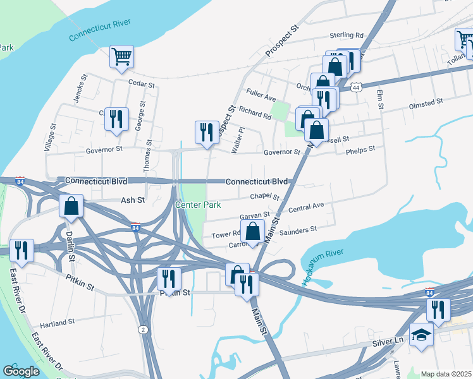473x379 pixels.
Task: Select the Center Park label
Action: click(x=197, y=205)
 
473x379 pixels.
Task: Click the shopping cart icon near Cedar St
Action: click(x=121, y=56)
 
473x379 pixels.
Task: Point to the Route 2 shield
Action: click(x=144, y=330)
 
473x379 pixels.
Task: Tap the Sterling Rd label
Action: click(x=346, y=35)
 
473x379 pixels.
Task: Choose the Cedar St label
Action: click(x=141, y=84)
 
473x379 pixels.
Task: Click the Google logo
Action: click(x=21, y=371)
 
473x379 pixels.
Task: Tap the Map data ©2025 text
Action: click(x=446, y=374)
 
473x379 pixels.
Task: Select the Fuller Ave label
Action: click(x=261, y=98)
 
